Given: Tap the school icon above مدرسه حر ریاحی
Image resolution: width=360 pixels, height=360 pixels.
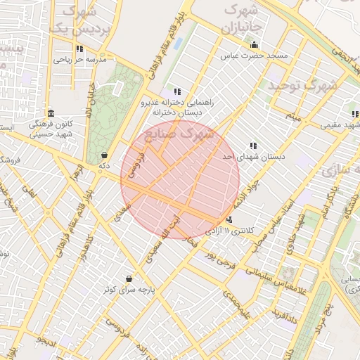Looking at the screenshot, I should point(79,49).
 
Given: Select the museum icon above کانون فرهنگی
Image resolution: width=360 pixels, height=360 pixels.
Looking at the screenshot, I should point(51,113).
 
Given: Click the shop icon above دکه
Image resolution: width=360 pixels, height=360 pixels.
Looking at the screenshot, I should point(105,155).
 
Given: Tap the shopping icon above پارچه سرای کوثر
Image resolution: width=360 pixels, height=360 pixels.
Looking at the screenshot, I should point(129,279).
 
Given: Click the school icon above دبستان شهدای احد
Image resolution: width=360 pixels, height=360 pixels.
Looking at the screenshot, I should point(253,146).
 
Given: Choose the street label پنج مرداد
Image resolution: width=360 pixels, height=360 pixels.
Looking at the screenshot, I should point(325,309).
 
